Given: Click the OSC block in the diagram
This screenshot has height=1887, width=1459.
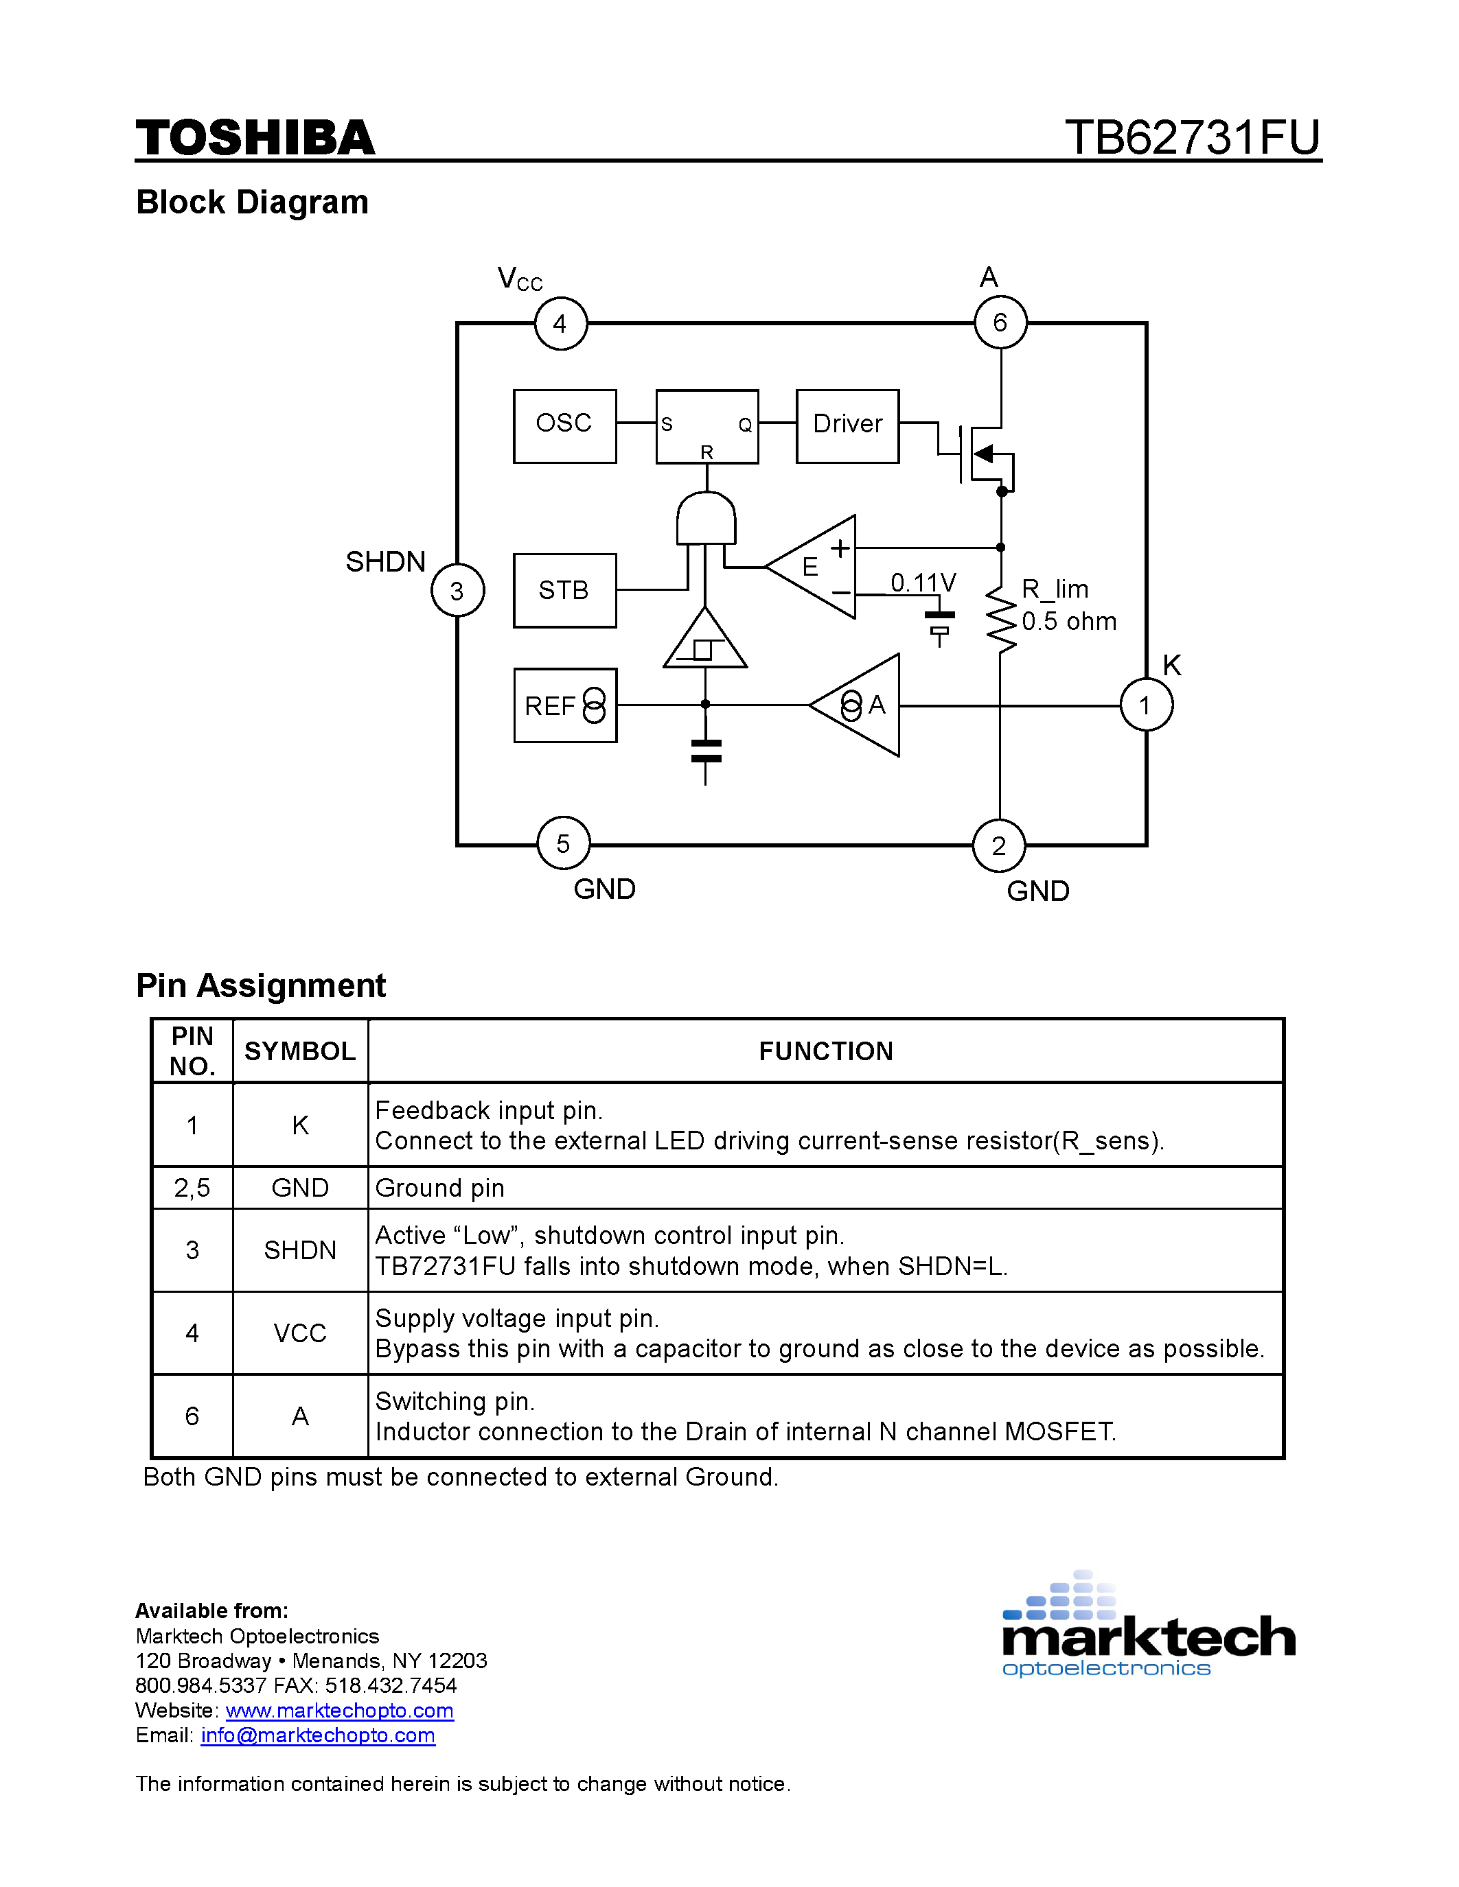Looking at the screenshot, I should click(564, 426).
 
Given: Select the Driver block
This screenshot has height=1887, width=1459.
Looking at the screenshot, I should click(847, 426).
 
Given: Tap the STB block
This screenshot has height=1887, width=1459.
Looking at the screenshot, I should click(564, 590).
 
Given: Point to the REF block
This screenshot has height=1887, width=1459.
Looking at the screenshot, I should click(565, 705).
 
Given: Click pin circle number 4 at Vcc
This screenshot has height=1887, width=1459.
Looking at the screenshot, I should click(560, 323).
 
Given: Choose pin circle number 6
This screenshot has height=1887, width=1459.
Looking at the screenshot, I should click(1000, 323).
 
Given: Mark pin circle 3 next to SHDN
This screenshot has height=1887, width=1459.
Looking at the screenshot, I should click(457, 590).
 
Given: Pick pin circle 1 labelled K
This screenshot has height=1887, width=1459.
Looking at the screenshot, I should click(1146, 705).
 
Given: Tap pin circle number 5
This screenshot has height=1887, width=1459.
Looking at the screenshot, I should click(563, 843).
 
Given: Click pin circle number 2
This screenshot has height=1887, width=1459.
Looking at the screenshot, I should click(999, 846).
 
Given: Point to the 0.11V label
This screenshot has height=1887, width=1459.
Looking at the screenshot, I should click(923, 583).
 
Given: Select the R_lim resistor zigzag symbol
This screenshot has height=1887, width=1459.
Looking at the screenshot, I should click(1001, 620).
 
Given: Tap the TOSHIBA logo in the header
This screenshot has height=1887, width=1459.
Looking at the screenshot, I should click(255, 138).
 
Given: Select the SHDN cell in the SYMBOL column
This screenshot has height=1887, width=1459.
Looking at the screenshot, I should click(300, 1250).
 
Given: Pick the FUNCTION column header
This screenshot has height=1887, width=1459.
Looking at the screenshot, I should click(825, 1051).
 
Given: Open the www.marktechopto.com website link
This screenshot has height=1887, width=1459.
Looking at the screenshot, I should click(340, 1711).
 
